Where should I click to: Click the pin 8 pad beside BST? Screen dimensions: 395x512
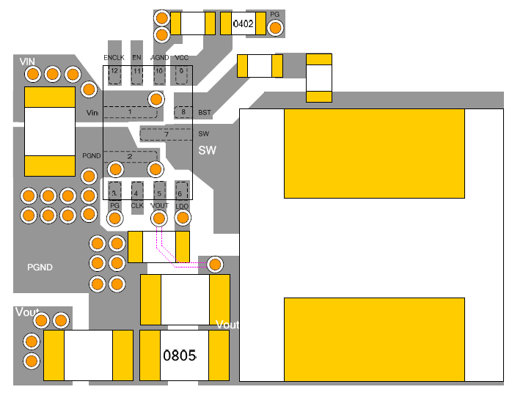pyautogui.click(x=183, y=112)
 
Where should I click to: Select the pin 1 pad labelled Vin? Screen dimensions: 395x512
pyautogui.click(x=130, y=112)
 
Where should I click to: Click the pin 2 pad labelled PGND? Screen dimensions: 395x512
pyautogui.click(x=130, y=156)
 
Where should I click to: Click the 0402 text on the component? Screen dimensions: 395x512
pyautogui.click(x=244, y=24)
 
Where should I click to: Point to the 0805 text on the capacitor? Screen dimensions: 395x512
pyautogui.click(x=180, y=356)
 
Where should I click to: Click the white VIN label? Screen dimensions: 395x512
pyautogui.click(x=28, y=62)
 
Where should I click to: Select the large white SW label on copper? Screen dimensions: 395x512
pyautogui.click(x=208, y=151)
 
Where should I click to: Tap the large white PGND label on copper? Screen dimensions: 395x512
pyautogui.click(x=40, y=267)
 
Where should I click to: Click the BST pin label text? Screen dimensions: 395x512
pyautogui.click(x=205, y=113)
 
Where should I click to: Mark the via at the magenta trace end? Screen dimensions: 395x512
pyautogui.click(x=215, y=264)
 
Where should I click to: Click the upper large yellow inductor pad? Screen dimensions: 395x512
pyautogui.click(x=374, y=153)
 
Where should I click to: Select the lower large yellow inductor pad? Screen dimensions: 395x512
pyautogui.click(x=374, y=339)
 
